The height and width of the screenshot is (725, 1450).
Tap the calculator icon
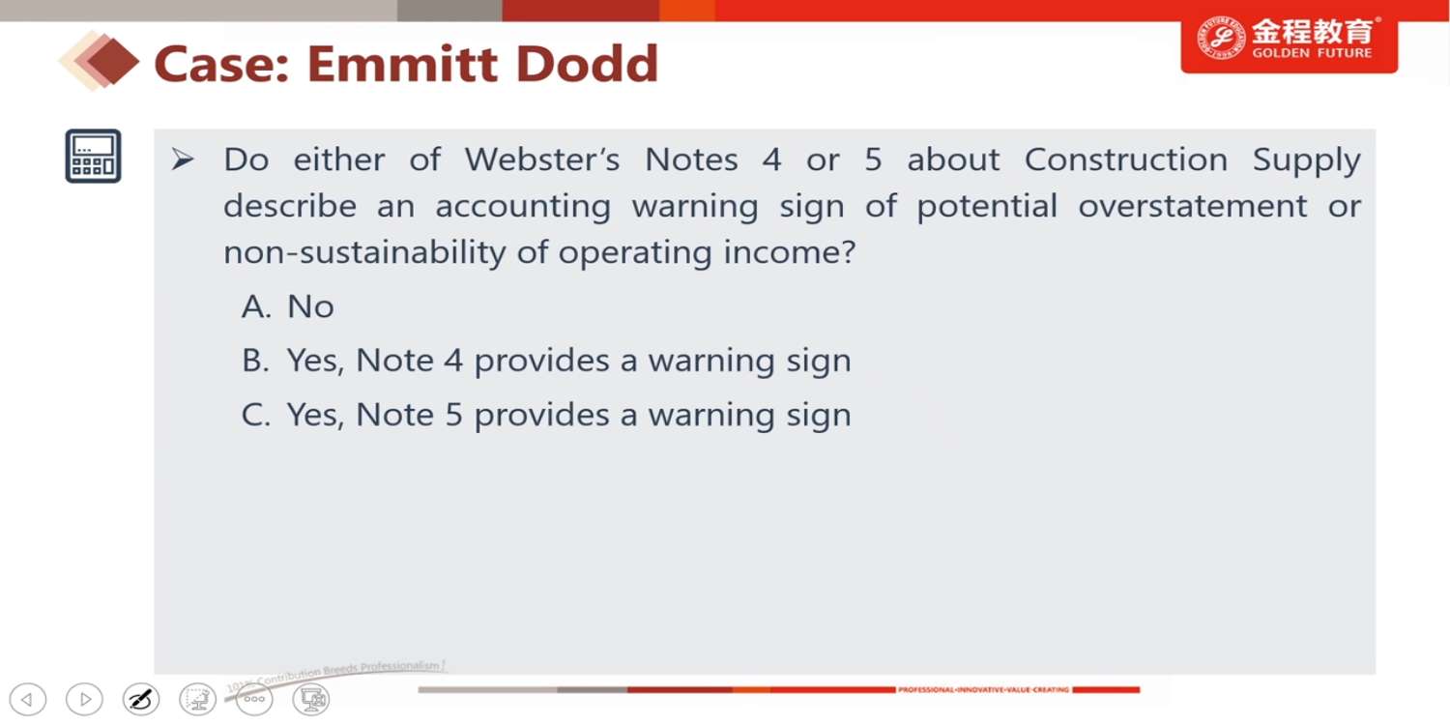(93, 156)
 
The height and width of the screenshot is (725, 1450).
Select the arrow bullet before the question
(183, 159)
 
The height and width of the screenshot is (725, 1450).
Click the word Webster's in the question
(541, 159)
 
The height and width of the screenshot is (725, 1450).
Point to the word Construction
(1126, 159)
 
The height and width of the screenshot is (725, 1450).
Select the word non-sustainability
(364, 252)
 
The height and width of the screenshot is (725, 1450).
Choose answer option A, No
(287, 306)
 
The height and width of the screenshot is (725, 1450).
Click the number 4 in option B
(453, 361)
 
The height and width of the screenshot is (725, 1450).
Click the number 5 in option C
(453, 415)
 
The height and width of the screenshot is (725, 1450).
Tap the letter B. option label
(255, 361)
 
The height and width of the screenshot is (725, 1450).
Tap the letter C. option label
(256, 415)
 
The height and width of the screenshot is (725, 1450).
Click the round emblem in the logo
(1220, 39)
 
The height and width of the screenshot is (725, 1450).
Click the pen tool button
(141, 699)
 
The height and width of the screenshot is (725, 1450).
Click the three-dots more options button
(254, 699)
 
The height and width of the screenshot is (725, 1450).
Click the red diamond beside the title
(113, 62)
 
